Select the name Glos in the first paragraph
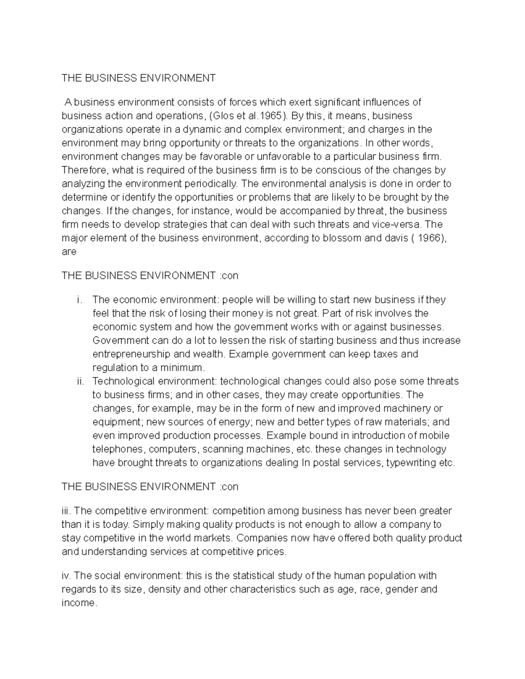222,116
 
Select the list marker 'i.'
79,300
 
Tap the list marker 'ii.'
80,381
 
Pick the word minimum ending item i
184,368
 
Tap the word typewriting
410,463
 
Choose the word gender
400,589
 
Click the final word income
77,603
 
